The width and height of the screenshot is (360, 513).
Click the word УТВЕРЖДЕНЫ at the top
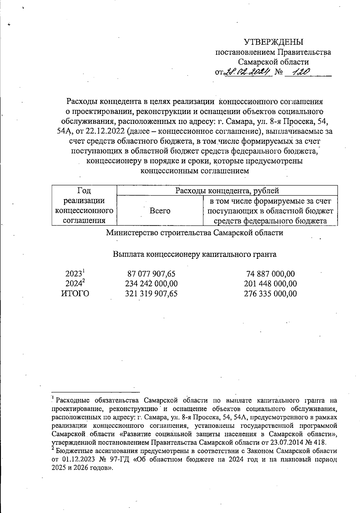click(273, 42)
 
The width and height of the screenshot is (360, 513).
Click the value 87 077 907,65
click(151, 274)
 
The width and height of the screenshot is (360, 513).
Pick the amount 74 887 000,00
click(270, 274)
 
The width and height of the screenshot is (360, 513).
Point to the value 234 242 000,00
click(151, 284)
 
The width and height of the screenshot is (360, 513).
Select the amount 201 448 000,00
click(270, 284)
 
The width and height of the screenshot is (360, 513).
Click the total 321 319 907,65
click(151, 294)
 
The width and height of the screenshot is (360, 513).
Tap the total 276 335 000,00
click(270, 294)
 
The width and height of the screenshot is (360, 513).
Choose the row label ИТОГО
click(75, 294)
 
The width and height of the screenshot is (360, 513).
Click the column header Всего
click(160, 211)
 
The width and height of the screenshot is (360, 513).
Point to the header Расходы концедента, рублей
click(227, 191)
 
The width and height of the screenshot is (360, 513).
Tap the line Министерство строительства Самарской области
click(195, 233)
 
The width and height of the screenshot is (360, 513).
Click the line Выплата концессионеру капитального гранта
click(195, 255)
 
